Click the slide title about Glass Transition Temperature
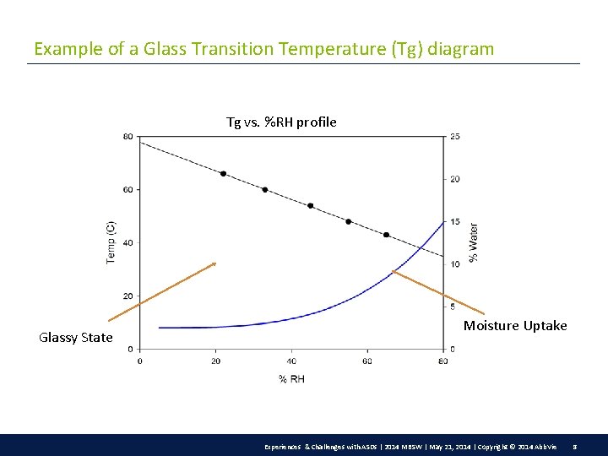(263, 49)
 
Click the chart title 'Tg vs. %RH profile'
(281, 122)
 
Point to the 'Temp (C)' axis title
(111, 242)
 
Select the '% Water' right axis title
(474, 242)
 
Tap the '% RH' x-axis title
(291, 379)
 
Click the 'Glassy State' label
(76, 338)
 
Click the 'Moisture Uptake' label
(515, 326)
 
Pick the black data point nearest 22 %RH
(223, 174)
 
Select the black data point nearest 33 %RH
(265, 190)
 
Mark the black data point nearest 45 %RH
(311, 206)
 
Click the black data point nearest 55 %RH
(349, 222)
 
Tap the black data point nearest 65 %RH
(387, 235)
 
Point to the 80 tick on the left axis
(128, 137)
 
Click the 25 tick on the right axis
(454, 137)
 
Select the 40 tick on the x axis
(291, 361)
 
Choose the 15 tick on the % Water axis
(454, 222)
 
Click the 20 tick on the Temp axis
(128, 296)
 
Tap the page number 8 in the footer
(575, 445)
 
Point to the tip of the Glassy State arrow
(216, 263)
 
